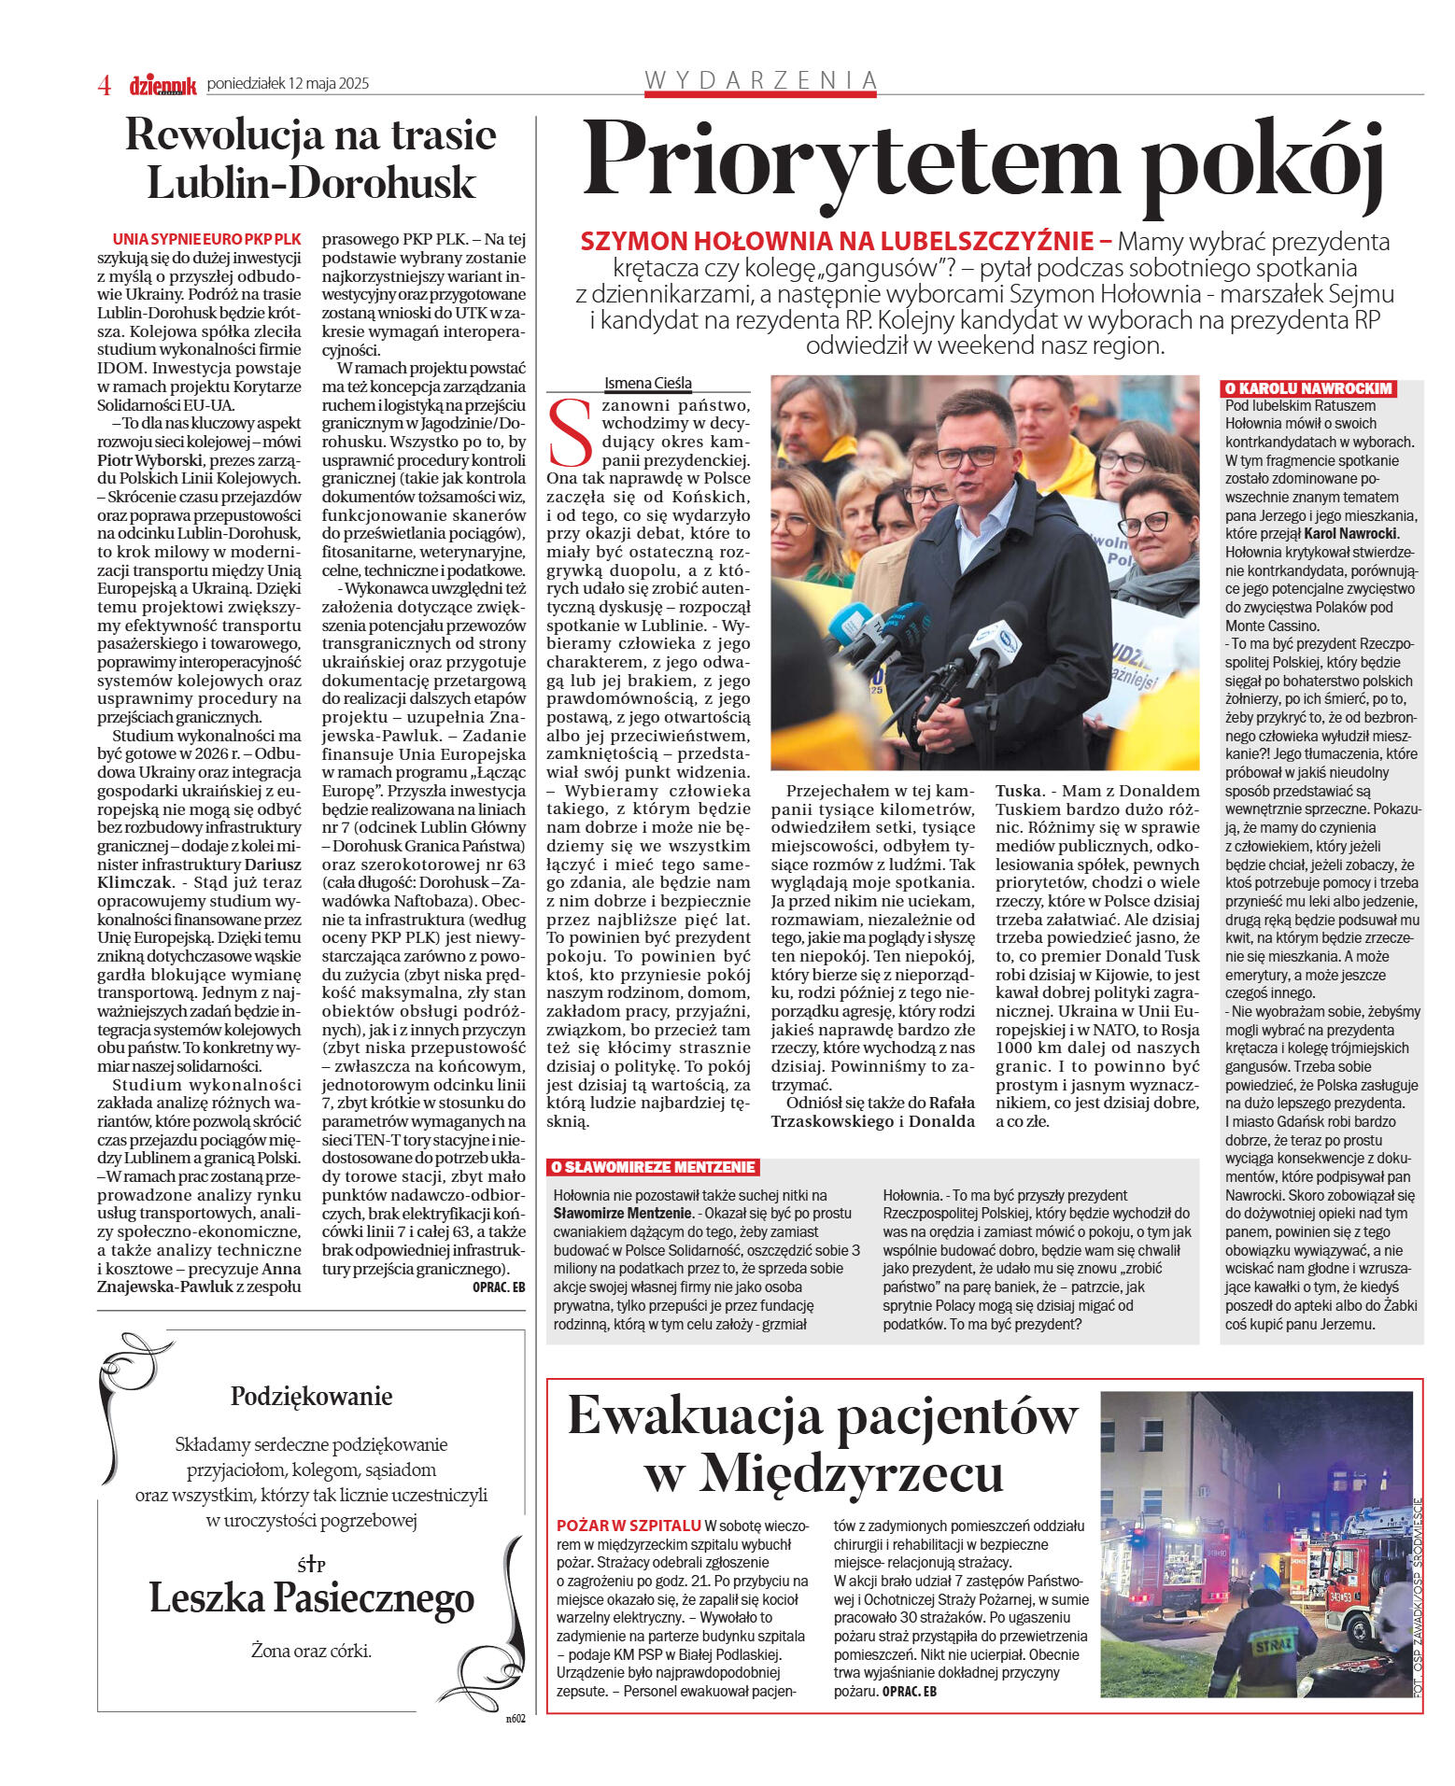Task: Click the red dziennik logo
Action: point(162,86)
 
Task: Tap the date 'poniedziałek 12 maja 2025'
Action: point(288,84)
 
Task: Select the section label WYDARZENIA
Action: point(761,80)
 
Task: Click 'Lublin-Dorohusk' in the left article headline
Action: point(312,183)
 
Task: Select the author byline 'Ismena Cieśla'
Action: point(648,383)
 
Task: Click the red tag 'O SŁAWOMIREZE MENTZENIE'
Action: point(652,1167)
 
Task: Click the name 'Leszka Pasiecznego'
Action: point(312,1598)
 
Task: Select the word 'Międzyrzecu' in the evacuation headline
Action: point(824,1474)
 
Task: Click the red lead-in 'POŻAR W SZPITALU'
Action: point(628,1526)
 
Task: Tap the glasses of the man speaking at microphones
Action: point(968,457)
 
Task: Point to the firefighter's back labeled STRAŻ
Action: point(1275,1645)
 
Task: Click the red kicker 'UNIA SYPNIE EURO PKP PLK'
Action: point(206,239)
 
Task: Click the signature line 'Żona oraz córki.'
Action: point(311,1651)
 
